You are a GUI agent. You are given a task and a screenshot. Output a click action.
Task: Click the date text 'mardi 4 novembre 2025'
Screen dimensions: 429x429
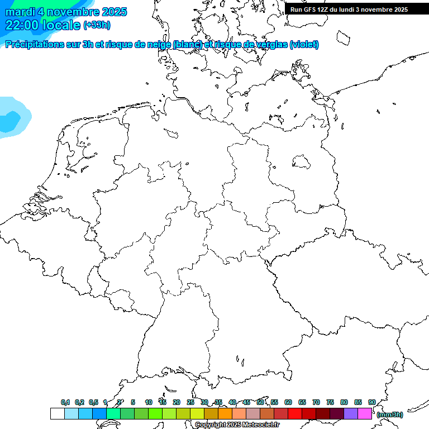click(x=66, y=12)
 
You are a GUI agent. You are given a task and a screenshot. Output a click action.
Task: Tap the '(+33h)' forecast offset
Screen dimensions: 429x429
click(x=97, y=25)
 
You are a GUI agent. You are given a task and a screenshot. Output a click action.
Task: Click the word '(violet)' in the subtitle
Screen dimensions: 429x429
click(x=304, y=45)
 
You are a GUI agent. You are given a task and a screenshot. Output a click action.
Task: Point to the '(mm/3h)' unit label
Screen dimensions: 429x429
click(x=389, y=414)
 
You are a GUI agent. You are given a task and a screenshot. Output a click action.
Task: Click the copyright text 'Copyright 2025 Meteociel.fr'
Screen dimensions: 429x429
click(x=237, y=425)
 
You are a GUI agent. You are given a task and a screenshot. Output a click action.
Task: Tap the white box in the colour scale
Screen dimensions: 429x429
click(x=57, y=414)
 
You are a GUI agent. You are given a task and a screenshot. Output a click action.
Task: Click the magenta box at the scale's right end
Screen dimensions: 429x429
click(x=365, y=414)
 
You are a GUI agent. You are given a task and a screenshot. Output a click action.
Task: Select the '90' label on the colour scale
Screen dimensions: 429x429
click(x=372, y=402)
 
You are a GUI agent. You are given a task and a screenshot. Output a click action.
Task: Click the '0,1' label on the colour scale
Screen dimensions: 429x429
click(x=65, y=402)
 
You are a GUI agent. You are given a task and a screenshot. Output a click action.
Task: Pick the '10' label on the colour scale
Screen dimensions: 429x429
click(x=149, y=402)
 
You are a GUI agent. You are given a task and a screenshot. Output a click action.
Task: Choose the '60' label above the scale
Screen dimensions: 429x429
click(x=288, y=402)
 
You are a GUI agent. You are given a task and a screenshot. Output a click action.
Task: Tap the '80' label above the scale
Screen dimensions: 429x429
click(x=344, y=402)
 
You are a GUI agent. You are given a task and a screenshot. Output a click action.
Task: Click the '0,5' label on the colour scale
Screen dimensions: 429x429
click(x=93, y=402)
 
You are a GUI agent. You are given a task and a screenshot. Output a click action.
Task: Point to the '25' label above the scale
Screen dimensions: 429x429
click(x=190, y=402)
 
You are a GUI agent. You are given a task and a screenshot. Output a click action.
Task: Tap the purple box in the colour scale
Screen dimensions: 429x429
click(x=351, y=414)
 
